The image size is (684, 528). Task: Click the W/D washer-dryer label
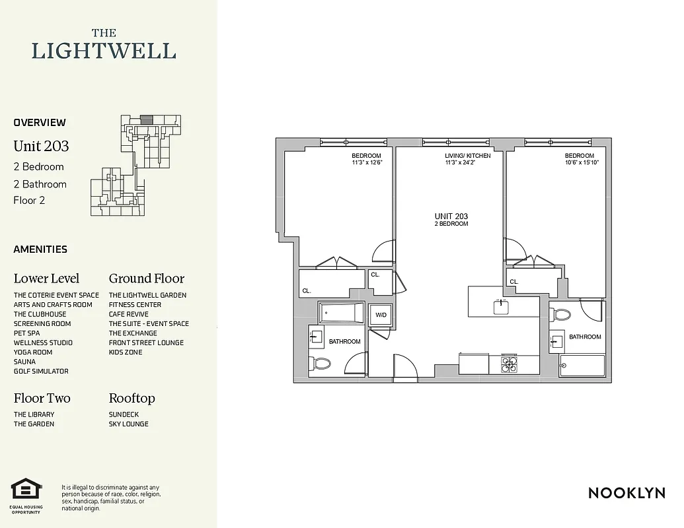[x=381, y=315]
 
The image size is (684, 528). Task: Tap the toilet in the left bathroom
[x=321, y=362]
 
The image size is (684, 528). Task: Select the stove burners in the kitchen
[x=509, y=364]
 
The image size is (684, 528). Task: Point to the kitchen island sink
[x=500, y=306]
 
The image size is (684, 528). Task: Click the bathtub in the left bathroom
[x=341, y=313]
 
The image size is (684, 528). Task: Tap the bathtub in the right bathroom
[x=582, y=365]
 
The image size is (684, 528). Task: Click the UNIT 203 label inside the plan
[x=451, y=216]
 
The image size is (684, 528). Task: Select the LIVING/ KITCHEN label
[x=467, y=156]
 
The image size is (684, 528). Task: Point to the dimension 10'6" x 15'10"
[x=582, y=162]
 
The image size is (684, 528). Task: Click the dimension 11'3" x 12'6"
[x=367, y=162]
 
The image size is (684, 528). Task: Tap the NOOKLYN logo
[x=626, y=492]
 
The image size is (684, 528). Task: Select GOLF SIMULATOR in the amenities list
[x=41, y=372]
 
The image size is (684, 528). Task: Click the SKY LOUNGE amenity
[x=129, y=424]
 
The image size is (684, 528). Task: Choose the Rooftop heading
[x=132, y=398]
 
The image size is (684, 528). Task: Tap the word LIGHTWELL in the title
[x=104, y=51]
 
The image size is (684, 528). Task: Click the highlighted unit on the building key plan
[x=146, y=119]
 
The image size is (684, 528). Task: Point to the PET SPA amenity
[x=26, y=333]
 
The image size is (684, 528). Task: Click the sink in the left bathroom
[x=315, y=337]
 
